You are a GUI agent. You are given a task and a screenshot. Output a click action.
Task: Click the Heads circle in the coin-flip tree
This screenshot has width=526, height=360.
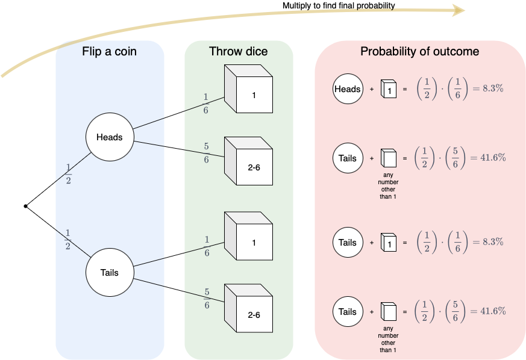pyautogui.click(x=109, y=137)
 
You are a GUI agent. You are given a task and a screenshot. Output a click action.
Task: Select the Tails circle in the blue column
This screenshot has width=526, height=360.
pyautogui.click(x=109, y=273)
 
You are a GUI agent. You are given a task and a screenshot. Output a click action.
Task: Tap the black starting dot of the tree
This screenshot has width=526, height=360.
pyautogui.click(x=25, y=206)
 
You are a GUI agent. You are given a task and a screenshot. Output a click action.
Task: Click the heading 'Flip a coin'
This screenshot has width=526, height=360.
pyautogui.click(x=109, y=52)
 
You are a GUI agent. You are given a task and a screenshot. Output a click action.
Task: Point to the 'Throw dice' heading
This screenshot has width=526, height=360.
pyautogui.click(x=239, y=52)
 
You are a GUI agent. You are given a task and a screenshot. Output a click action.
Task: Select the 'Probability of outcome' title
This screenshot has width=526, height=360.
pyautogui.click(x=419, y=52)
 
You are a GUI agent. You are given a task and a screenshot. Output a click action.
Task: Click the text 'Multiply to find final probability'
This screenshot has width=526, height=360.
pyautogui.click(x=339, y=6)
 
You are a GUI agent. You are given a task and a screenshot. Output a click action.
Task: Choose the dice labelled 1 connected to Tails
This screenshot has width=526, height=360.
pyautogui.click(x=250, y=238)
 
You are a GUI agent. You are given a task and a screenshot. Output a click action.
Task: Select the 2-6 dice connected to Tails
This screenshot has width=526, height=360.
pyautogui.click(x=250, y=309)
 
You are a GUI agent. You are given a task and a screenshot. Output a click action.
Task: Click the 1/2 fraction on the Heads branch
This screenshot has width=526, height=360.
pyautogui.click(x=68, y=175)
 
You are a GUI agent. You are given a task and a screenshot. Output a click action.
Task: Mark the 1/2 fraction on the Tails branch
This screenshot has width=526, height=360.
pyautogui.click(x=67, y=239)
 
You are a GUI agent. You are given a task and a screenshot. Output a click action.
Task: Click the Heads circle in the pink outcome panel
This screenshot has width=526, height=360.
pyautogui.click(x=348, y=89)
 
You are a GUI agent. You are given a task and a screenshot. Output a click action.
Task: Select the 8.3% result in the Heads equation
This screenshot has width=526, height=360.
pyautogui.click(x=493, y=88)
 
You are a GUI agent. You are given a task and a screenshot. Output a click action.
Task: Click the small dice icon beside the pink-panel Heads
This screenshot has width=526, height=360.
pyautogui.click(x=389, y=90)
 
